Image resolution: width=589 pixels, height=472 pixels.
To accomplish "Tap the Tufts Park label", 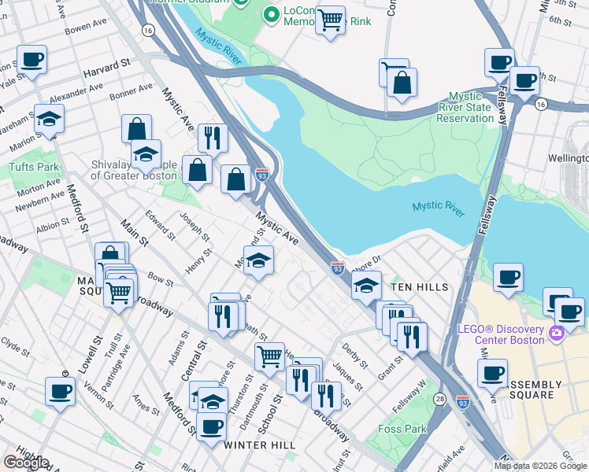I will (x=34, y=167).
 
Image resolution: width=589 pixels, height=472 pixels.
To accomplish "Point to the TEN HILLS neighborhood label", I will (x=420, y=287).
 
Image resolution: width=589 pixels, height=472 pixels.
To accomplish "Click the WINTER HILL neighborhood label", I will (x=260, y=445).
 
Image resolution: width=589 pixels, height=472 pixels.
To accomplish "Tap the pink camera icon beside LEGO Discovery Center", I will (x=557, y=334).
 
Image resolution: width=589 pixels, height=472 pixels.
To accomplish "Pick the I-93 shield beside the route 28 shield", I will (x=463, y=401).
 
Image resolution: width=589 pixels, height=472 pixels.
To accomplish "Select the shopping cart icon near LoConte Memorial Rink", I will (x=330, y=19).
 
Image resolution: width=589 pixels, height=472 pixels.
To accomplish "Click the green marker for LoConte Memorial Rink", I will (x=272, y=13).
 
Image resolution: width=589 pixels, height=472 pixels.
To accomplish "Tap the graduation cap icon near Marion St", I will (x=49, y=120).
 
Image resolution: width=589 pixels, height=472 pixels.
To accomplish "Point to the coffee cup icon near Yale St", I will (x=31, y=60).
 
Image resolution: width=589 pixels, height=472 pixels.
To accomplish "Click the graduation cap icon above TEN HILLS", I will (x=366, y=286).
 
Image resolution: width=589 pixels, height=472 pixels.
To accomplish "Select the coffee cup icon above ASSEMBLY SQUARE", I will (x=492, y=374).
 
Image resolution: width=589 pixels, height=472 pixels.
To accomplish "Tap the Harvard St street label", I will (x=108, y=63).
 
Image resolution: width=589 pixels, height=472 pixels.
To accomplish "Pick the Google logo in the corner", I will (x=26, y=463).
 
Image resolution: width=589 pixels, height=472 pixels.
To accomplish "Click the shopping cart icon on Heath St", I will (x=269, y=356).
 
